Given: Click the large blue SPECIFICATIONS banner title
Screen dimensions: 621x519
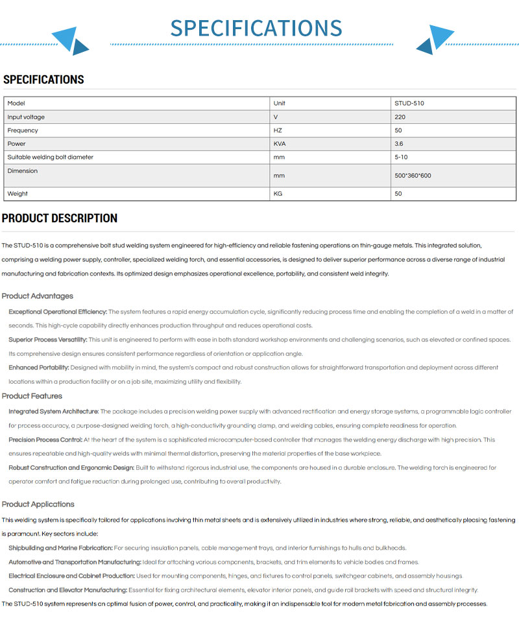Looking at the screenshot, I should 256,28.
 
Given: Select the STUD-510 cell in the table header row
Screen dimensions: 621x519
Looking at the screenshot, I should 409,103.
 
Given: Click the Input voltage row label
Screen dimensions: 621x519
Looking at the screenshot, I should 26,117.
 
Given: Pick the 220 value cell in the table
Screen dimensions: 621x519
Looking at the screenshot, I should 400,117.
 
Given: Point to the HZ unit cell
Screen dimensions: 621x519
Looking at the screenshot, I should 278,130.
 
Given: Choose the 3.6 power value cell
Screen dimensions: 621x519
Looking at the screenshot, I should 398,144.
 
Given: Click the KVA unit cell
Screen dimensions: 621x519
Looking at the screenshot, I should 280,144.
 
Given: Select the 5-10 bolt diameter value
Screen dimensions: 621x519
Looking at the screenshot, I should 401,158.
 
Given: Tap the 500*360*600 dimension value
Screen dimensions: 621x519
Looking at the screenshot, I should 413,176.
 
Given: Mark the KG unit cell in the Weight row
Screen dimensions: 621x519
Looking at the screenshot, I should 278,194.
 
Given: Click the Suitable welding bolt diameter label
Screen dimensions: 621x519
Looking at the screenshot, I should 50,158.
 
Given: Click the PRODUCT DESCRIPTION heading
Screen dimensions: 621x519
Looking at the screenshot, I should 60,218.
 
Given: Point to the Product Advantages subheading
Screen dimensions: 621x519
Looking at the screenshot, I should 37,296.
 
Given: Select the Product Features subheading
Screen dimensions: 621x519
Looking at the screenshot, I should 32,396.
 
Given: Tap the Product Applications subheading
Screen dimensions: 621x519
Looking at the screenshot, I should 38,504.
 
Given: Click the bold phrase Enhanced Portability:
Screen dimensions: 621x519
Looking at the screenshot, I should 38,368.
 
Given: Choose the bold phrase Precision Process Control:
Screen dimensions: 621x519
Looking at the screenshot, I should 45,439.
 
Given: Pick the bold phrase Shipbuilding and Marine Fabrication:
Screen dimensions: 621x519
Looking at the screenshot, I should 60,548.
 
